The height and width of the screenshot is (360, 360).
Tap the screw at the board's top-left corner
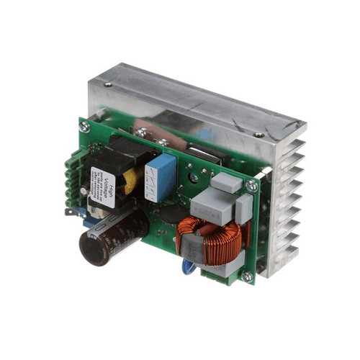point(84,127)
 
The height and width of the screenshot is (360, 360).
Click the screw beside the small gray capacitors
point(251,186)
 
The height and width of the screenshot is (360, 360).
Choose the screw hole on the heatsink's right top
point(258,134)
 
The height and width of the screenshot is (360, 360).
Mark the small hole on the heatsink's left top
point(108,84)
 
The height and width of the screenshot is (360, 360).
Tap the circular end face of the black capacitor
point(93,249)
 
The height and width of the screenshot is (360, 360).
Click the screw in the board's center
point(193,177)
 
